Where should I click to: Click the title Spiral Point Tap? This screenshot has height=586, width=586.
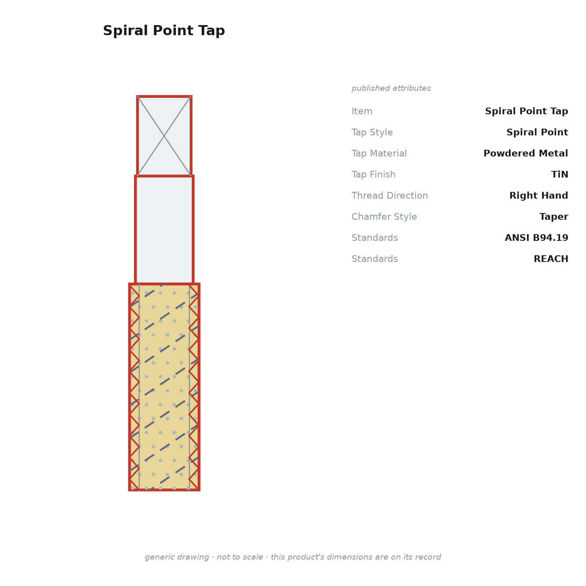coord(164,31)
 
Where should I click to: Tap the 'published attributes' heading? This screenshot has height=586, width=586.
coord(391,88)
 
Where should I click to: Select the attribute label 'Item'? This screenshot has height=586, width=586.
coord(362,111)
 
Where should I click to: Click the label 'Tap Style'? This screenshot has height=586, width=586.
coord(372,132)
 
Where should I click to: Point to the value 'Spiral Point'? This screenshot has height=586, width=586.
coord(537,132)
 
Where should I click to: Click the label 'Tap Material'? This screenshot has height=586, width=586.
coord(379,153)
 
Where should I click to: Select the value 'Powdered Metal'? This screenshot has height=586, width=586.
coord(525,153)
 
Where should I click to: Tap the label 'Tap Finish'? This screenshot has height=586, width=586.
coord(373,174)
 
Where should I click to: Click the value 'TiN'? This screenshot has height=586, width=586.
coord(559,174)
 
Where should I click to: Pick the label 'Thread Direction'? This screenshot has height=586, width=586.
coord(390,195)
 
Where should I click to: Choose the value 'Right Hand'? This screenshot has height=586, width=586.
coord(538,195)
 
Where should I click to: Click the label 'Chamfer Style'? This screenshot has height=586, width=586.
coord(384,216)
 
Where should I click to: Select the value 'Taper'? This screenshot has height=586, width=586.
coord(553,216)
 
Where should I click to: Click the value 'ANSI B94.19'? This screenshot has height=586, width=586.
coord(536,237)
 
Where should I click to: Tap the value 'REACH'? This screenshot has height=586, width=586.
coord(550,259)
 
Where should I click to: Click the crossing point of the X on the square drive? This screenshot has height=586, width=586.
coord(164,136)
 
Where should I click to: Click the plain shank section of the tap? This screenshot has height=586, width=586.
coord(164,230)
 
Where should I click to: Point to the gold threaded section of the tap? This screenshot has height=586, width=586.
coord(164,387)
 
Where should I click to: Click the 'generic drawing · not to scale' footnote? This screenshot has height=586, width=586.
coord(293,557)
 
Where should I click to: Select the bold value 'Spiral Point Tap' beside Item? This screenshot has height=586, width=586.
coord(526,111)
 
